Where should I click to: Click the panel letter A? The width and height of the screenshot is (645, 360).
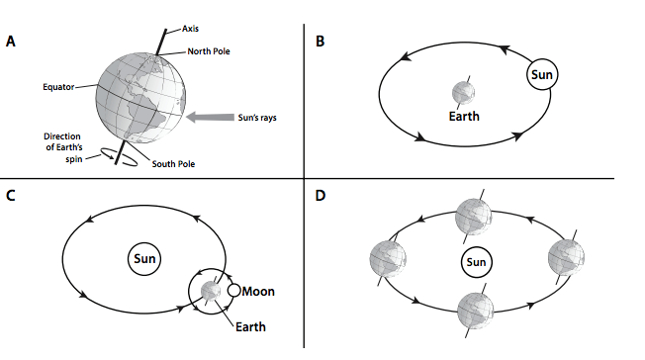[10, 42]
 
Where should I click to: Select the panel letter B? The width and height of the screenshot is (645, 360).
[321, 42]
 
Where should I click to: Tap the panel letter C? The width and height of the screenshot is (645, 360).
[10, 195]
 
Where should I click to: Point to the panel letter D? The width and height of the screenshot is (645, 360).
[321, 195]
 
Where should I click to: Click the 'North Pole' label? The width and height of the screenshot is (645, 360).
[209, 51]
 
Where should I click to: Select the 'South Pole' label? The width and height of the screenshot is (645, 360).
[173, 164]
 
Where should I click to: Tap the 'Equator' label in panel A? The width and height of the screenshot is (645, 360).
[58, 87]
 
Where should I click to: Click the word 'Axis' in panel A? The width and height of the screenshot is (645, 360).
[190, 29]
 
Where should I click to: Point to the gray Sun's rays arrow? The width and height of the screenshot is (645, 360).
[210, 118]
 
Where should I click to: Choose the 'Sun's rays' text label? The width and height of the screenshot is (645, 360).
[257, 118]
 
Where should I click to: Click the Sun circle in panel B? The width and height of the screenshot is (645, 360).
[542, 74]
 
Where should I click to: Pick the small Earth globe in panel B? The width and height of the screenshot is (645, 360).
[463, 93]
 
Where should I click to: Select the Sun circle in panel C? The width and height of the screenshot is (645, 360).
[144, 259]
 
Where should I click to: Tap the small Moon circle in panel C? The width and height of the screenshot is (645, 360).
[233, 290]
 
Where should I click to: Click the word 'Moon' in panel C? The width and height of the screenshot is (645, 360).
[258, 292]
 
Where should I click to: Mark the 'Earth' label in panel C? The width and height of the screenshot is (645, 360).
[250, 326]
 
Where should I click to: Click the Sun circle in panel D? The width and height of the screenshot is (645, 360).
[476, 262]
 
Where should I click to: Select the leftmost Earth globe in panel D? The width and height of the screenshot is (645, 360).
[388, 259]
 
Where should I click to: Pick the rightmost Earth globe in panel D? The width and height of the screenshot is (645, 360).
[566, 257]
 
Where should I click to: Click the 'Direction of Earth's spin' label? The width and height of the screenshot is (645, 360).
[63, 147]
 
